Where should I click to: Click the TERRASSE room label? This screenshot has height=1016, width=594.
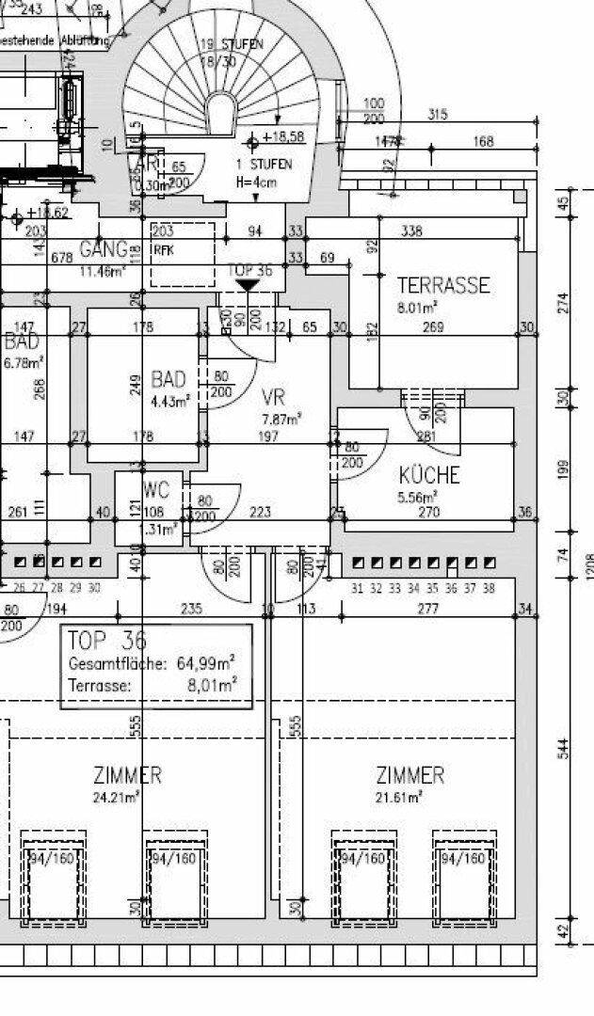[443, 285]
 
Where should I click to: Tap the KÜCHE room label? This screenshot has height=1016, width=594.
[428, 475]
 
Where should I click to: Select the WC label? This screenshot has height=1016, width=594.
[155, 490]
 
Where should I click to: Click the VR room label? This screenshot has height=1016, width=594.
[273, 397]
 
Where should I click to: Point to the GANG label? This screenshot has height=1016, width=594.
[104, 250]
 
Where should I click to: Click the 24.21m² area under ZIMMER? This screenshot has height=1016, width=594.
[117, 796]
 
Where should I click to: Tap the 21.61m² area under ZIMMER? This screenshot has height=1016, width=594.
[399, 796]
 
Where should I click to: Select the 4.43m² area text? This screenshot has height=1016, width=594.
[171, 400]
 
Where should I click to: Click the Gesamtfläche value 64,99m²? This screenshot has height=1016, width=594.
[207, 663]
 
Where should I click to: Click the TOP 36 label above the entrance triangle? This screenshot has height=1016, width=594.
[250, 270]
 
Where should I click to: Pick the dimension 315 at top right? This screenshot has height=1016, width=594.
[437, 115]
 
